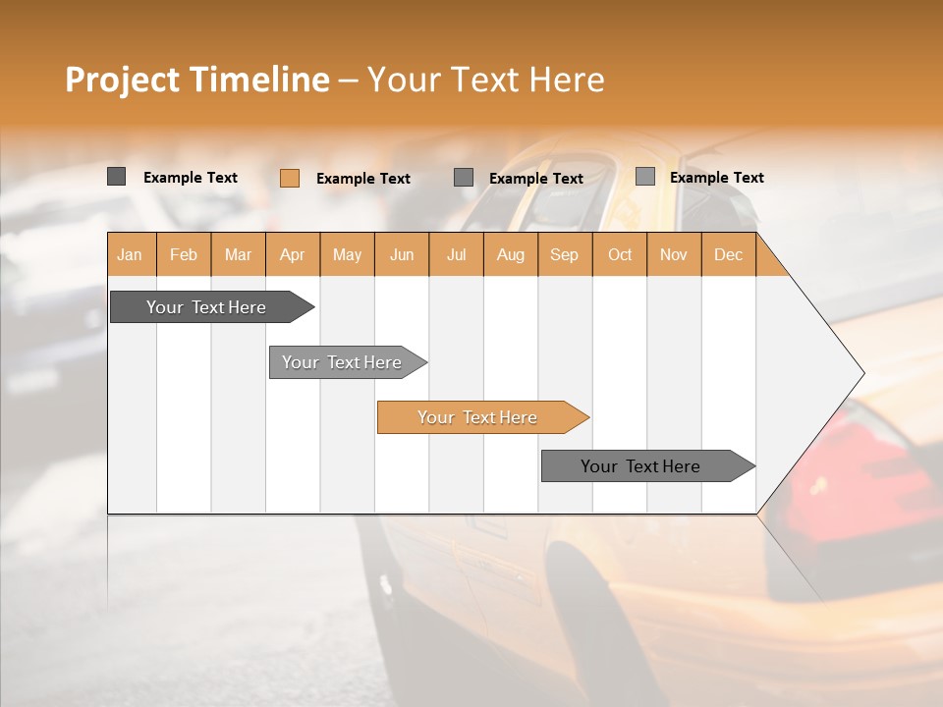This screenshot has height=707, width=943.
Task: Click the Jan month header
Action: coord(130,254)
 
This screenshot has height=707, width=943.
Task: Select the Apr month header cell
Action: coord(293,254)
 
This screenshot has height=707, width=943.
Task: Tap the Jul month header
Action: coord(456,254)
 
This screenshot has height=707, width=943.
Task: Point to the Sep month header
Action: coord(564,254)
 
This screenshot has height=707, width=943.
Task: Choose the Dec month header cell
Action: coord(728,254)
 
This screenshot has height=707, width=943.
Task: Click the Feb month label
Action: coord(184,254)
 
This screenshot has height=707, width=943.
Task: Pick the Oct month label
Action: coord(620,254)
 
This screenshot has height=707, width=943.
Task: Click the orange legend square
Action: coord(289,178)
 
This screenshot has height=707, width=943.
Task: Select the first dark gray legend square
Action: coord(116,177)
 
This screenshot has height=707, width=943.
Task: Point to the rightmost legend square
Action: coord(644,177)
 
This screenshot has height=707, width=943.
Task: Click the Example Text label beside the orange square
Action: coord(362,179)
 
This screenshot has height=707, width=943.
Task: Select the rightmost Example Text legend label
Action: coord(716,178)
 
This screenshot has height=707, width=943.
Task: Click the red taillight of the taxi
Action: coord(825,462)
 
